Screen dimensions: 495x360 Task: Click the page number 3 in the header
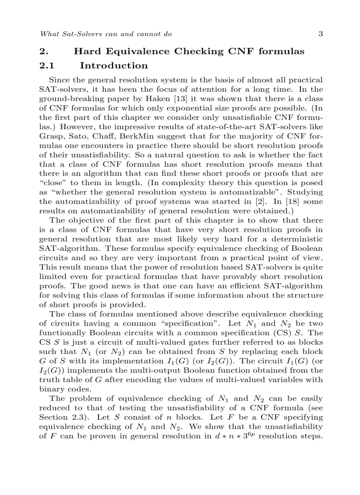[320, 33]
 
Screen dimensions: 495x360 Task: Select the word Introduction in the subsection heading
[114, 66]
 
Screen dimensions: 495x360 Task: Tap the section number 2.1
[47, 66]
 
